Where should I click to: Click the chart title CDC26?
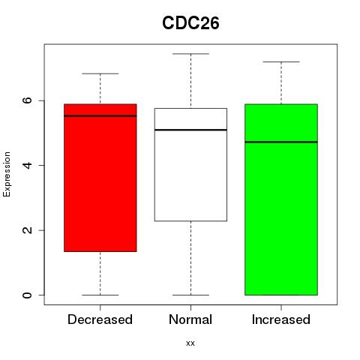point(190,23)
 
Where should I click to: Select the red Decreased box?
point(100,178)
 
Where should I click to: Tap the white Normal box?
point(190,164)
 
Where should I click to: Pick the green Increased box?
point(281,199)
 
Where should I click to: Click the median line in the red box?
point(100,115)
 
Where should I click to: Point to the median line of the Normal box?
point(190,130)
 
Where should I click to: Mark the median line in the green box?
point(281,142)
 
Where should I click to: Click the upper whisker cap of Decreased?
point(100,73)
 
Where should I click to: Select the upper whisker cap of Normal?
point(190,54)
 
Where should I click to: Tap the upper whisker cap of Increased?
point(281,61)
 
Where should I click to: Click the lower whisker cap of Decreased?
point(100,295)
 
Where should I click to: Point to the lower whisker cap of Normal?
point(190,295)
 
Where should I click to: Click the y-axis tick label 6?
point(27,100)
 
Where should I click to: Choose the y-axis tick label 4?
point(27,165)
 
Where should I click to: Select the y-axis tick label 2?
point(27,230)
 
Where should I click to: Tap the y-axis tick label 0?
point(27,295)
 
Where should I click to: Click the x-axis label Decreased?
point(100,319)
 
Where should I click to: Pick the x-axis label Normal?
point(190,319)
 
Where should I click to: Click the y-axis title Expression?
point(7,174)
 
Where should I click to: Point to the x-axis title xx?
point(190,343)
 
